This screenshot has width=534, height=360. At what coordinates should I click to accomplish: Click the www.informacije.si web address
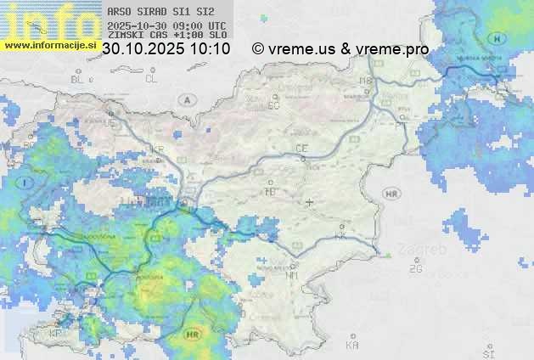pyautogui.click(x=50, y=46)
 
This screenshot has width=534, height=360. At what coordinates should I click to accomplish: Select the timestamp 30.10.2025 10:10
pyautogui.click(x=166, y=49)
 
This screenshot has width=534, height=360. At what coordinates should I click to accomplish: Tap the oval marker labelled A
pyautogui.click(x=186, y=99)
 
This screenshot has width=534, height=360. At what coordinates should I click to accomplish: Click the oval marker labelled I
pyautogui.click(x=26, y=182)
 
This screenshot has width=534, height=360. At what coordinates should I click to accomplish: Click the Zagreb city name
pyautogui.click(x=429, y=250)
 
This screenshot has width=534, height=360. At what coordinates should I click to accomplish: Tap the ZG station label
pyautogui.click(x=415, y=269)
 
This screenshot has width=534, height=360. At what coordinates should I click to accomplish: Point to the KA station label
pyautogui.click(x=352, y=346)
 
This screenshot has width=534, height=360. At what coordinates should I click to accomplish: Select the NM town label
pyautogui.click(x=292, y=275)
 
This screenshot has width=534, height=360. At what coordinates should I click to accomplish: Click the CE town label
pyautogui.click(x=301, y=149)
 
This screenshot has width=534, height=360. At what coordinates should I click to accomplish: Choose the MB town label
pyautogui.click(x=365, y=82)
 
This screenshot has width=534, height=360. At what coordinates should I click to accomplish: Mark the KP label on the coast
pyautogui.click(x=55, y=333)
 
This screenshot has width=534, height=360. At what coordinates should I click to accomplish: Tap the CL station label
pyautogui.click(x=151, y=79)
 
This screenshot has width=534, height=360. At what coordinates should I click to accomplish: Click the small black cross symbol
pyautogui.click(x=309, y=202)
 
